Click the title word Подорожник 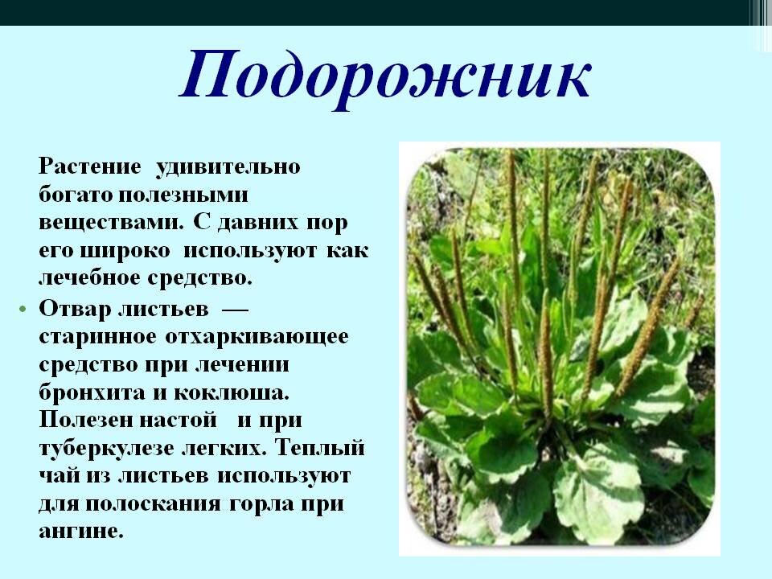coord(385,76)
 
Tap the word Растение coord(89,166)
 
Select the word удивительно coord(228,167)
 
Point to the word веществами coord(110,223)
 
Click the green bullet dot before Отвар coord(22,309)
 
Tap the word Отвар coord(75,309)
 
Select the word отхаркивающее coord(257,337)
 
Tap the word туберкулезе coord(106,449)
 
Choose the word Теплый coord(320,448)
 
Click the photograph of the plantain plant coord(560,348)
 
